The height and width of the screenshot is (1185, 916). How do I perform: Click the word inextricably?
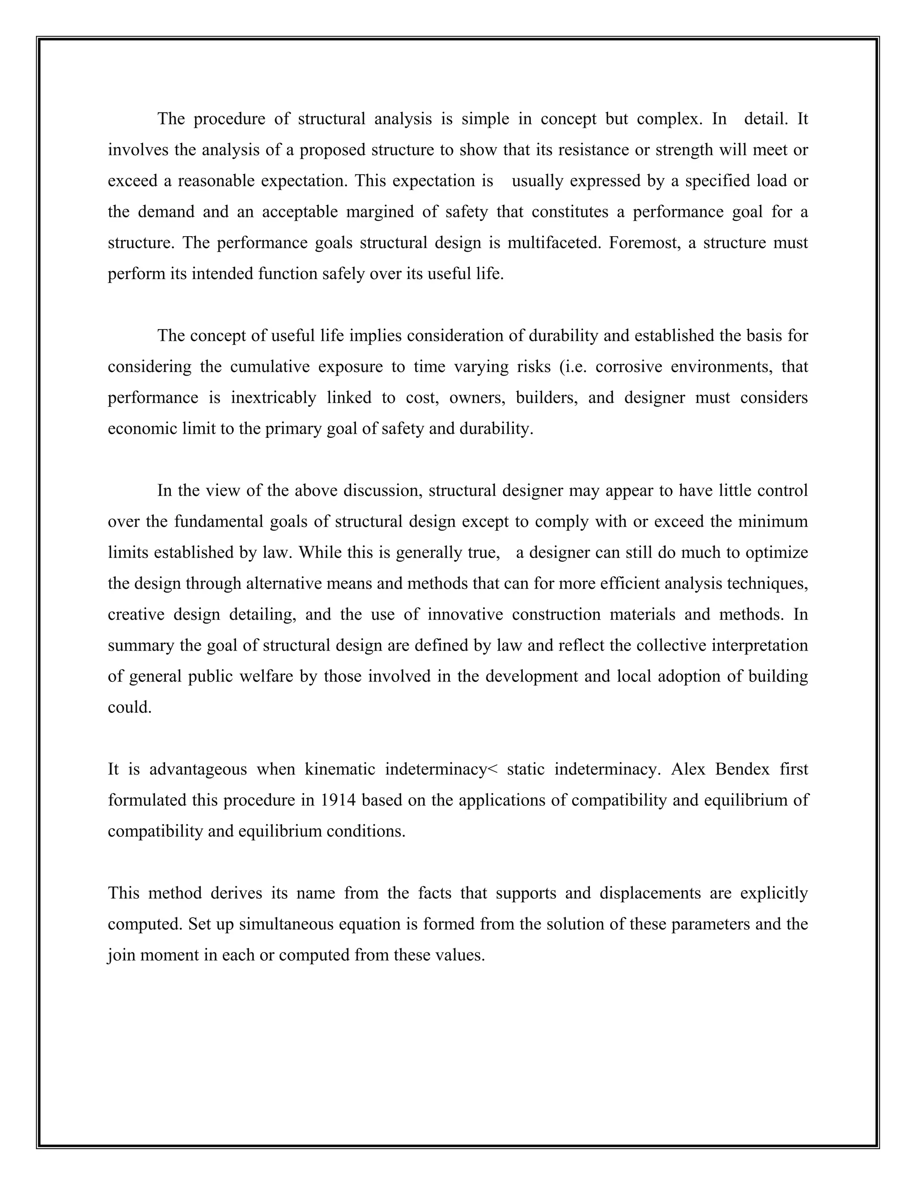click(273, 398)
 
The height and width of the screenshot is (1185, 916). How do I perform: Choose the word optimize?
click(776, 552)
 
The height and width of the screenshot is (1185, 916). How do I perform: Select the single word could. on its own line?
click(129, 707)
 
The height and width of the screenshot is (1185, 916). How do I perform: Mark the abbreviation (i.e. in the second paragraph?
click(572, 367)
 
